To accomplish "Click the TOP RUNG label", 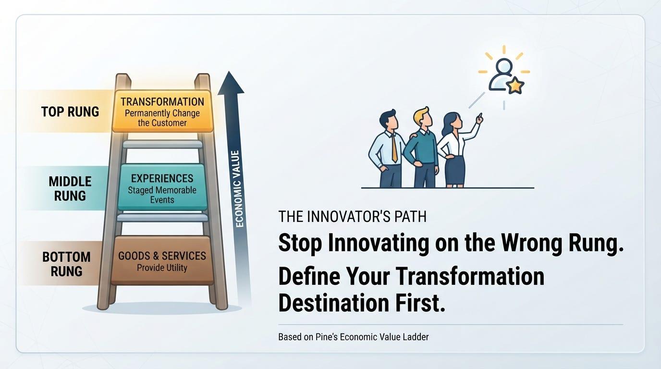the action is point(70,112).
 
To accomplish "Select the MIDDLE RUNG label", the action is point(70,189).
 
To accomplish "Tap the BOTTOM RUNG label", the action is point(66,264).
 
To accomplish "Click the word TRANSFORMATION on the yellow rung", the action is point(162,102).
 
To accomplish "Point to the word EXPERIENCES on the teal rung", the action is point(162,179).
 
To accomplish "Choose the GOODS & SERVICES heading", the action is point(162,256).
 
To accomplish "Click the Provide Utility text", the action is point(162,268).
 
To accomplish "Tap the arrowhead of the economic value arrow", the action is point(231,83).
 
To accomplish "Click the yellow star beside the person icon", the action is point(515,86).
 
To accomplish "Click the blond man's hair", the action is point(422,112).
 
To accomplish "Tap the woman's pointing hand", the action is point(480,119).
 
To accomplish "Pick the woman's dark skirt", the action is point(455,170).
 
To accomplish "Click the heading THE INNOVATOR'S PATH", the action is point(352,217).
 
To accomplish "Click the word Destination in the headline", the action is point(333,303).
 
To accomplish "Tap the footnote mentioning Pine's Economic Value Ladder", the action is point(354,337).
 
